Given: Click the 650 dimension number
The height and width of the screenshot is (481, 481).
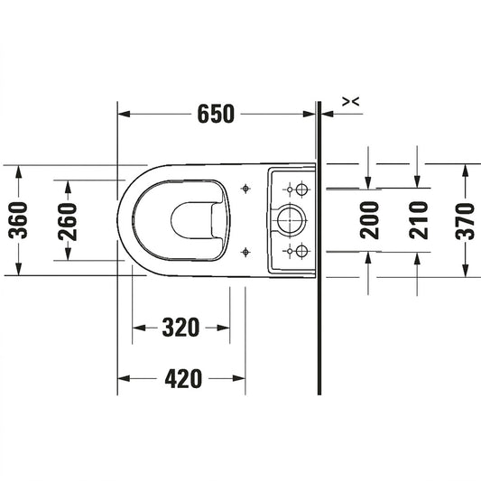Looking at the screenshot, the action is click(x=216, y=114).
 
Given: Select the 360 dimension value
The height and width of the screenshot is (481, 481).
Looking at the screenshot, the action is click(x=18, y=220).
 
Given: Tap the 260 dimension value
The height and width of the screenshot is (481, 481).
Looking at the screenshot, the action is click(x=68, y=221).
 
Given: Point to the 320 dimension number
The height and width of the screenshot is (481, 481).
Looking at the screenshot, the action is click(x=180, y=328).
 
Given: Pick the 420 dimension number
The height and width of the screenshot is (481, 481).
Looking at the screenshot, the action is click(x=183, y=378).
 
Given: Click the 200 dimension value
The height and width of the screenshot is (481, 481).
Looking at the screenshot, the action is click(x=369, y=220).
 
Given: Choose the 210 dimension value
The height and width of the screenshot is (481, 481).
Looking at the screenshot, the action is click(x=418, y=220).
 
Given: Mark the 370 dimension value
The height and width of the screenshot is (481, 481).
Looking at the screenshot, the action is click(x=465, y=221).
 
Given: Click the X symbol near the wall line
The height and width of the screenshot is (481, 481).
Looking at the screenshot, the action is click(x=351, y=102).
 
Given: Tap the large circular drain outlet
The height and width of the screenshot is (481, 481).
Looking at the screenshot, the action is click(x=291, y=220).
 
